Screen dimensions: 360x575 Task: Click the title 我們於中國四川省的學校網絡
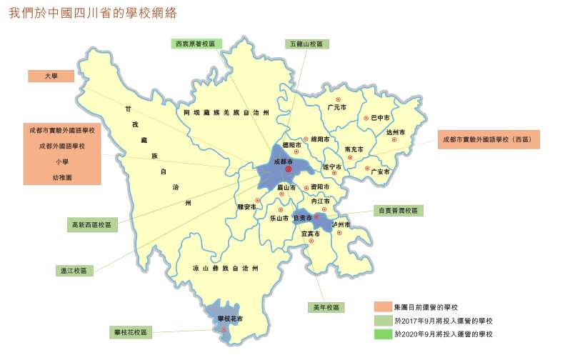(93, 14)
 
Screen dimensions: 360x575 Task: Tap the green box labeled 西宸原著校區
(196, 44)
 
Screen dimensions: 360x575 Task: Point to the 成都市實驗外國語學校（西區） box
(489, 139)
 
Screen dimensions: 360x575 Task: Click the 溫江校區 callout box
(74, 271)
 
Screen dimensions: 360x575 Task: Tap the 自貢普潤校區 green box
(399, 211)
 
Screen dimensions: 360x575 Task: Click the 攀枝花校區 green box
(131, 332)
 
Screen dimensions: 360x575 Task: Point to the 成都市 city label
(283, 162)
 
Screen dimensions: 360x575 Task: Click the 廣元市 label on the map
(336, 107)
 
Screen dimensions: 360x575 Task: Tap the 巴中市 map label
(380, 118)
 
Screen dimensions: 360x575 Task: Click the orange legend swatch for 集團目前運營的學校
(383, 306)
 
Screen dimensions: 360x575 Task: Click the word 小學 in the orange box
(61, 161)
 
